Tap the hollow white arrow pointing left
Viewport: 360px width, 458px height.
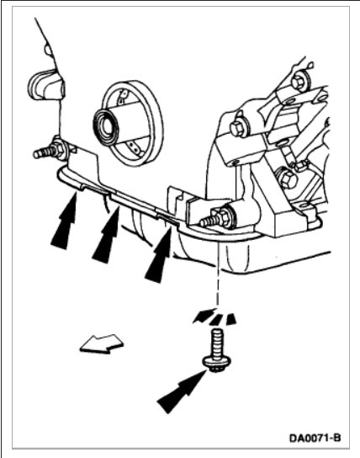click(102, 343)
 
